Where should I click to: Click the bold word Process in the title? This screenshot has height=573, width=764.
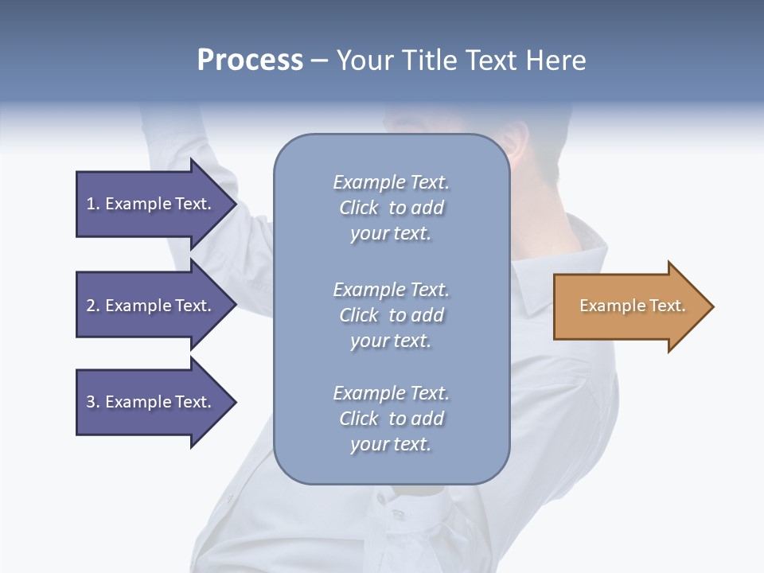(250, 60)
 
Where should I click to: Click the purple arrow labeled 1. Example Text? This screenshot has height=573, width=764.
(151, 204)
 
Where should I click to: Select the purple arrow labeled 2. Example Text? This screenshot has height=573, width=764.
(151, 306)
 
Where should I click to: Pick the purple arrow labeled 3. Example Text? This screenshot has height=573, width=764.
(151, 402)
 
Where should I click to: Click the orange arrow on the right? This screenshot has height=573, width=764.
(629, 306)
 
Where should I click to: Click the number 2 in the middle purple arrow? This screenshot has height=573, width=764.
(91, 306)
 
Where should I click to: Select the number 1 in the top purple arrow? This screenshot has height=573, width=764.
(91, 204)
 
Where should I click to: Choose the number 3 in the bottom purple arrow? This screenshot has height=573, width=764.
(91, 402)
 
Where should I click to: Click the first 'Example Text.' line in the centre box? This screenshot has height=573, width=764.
(391, 182)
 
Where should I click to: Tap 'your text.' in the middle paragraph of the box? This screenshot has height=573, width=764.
(391, 341)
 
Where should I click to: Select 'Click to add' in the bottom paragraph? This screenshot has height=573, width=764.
(391, 419)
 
